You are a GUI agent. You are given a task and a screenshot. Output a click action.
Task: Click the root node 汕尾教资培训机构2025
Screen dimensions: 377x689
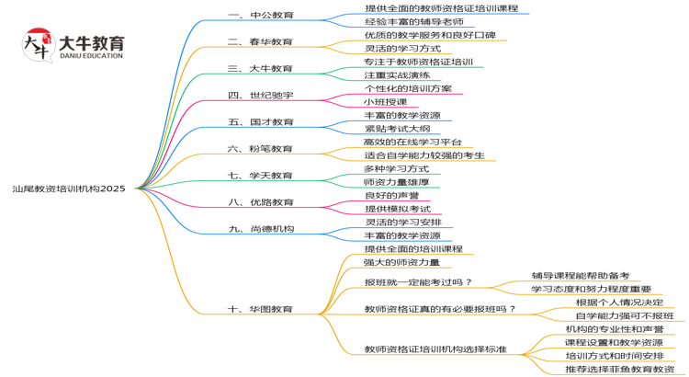(69, 188)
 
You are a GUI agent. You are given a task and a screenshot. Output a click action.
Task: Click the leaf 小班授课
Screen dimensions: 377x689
(384, 102)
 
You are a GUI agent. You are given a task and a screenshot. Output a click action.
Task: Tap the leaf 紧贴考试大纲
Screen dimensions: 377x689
(396, 129)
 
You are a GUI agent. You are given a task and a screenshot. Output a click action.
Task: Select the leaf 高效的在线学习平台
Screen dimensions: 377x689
(412, 143)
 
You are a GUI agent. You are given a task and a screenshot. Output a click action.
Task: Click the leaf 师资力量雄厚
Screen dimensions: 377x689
(396, 182)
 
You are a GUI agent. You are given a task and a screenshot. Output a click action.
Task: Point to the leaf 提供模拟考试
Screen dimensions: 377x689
(396, 209)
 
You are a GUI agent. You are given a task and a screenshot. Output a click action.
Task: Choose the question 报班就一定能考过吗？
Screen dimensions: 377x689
(418, 282)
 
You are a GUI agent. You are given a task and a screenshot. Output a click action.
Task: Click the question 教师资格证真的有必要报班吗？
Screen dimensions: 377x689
(440, 309)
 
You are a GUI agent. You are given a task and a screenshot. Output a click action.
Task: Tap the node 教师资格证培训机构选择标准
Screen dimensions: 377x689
(435, 349)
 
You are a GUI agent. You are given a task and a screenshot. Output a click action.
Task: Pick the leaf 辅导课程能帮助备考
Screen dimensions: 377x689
(580, 275)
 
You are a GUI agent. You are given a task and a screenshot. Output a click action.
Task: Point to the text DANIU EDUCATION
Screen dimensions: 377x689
(90, 56)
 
